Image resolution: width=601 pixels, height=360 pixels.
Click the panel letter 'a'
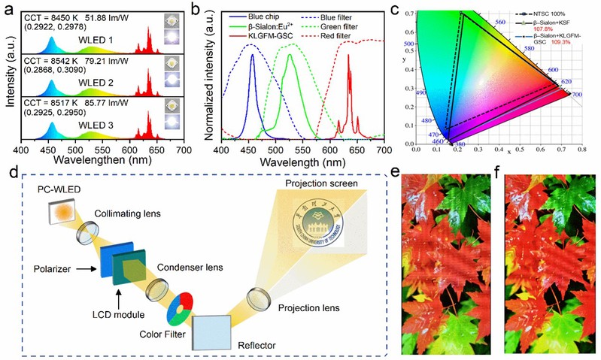[x=8, y=10]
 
